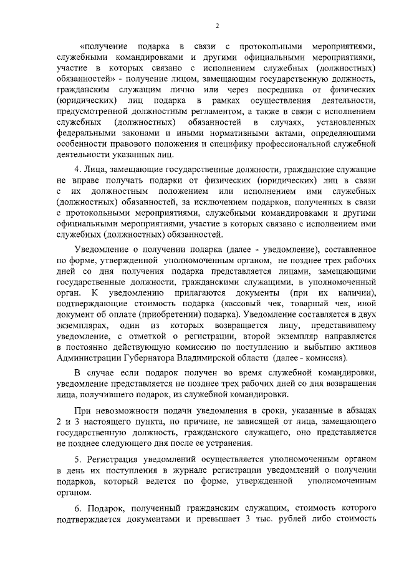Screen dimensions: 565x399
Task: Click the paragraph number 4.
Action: pos(77,170)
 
